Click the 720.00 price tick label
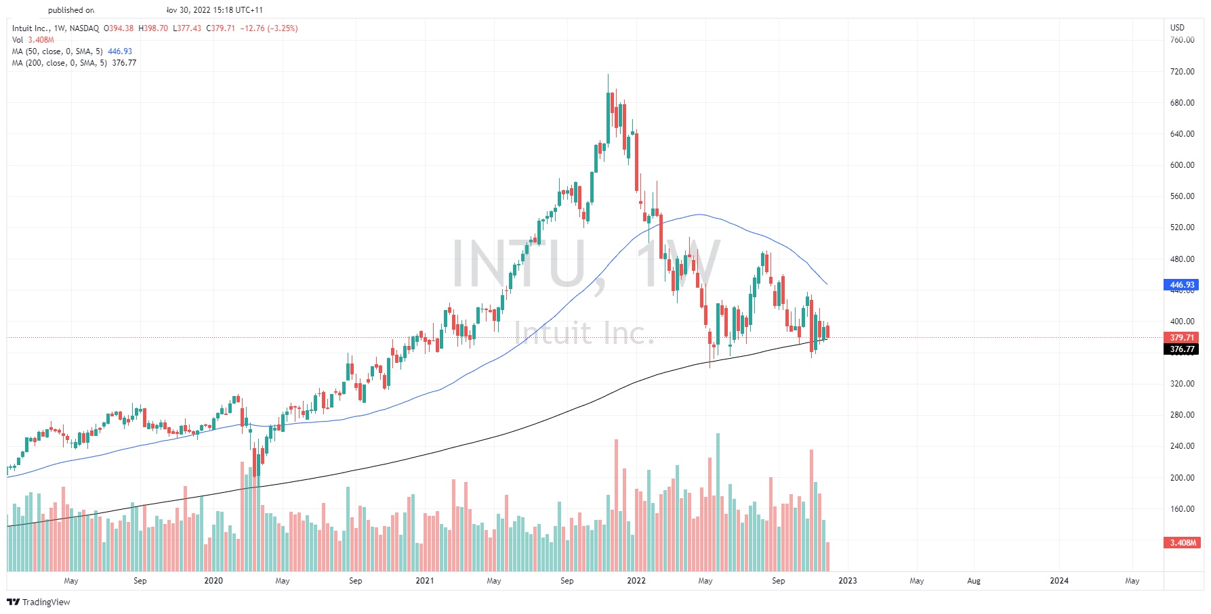pos(1182,72)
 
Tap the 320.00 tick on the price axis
pos(1182,384)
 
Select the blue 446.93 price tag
pos(1182,285)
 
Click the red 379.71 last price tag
pos(1182,338)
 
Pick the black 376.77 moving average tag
pos(1182,350)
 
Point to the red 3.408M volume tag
pos(1182,543)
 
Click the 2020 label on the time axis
pos(213,581)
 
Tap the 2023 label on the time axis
pos(847,581)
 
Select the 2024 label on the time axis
pos(1059,581)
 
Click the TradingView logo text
pos(45,602)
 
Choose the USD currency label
pos(1177,28)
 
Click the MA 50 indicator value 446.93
pos(120,51)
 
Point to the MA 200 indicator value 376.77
pos(124,63)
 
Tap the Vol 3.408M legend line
pos(33,40)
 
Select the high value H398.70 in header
pos(153,28)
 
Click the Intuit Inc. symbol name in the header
pos(30,28)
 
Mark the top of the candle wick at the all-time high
pos(608,74)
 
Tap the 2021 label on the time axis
pos(424,581)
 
